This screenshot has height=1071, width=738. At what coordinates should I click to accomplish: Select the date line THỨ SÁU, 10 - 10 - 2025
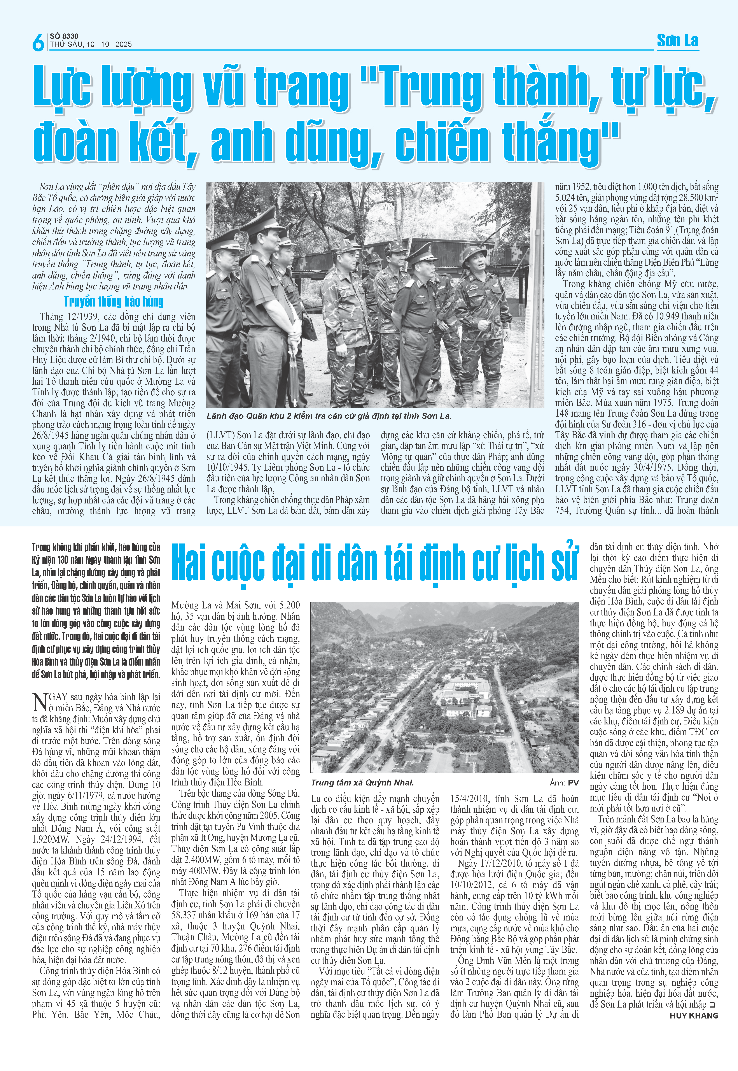click(x=91, y=44)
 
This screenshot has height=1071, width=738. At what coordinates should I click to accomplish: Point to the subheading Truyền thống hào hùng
click(x=114, y=301)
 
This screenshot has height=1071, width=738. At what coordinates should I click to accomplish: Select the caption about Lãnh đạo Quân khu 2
click(x=329, y=416)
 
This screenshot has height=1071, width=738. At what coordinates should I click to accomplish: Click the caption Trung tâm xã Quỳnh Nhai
click(x=362, y=782)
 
